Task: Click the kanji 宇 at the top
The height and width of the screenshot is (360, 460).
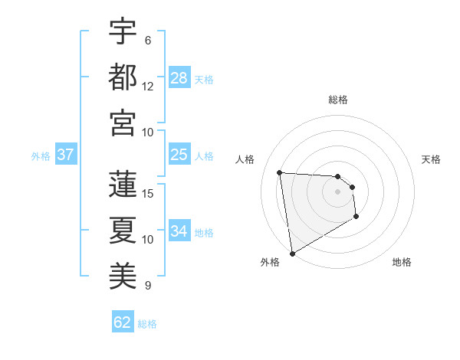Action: point(123,32)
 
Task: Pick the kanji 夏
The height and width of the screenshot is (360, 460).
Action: point(123,229)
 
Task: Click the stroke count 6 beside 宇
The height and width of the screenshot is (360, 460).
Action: point(148,40)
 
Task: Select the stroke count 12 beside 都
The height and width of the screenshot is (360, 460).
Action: point(148,86)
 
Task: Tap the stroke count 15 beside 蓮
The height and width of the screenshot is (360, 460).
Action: point(149,193)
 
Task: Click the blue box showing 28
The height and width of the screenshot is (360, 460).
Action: point(179,78)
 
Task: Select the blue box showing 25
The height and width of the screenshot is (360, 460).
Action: point(179,155)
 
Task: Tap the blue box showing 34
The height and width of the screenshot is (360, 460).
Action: point(179,231)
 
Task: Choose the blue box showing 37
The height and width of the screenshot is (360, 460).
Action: point(66,155)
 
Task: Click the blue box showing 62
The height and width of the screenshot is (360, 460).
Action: point(123,322)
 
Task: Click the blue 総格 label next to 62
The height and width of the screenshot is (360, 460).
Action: point(147,324)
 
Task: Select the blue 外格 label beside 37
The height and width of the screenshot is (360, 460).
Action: point(41,156)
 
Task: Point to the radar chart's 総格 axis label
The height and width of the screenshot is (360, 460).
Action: point(338,100)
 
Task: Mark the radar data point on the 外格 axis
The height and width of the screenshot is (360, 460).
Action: point(292,253)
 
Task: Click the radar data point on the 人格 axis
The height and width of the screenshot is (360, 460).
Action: point(280,172)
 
